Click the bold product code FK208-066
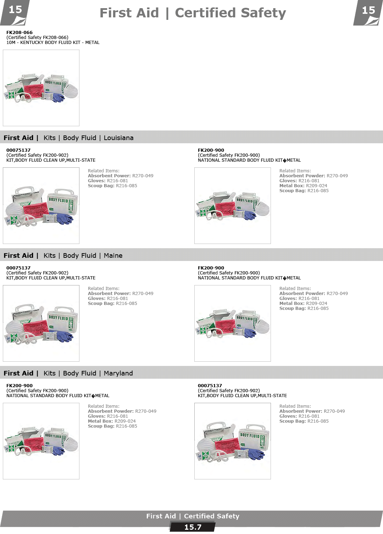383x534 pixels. click(20, 33)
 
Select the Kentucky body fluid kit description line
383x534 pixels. click(53, 43)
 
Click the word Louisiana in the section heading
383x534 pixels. click(118, 138)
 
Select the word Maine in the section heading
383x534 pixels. click(113, 256)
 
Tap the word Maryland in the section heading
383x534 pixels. click(118, 373)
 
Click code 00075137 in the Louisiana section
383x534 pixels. click(18, 150)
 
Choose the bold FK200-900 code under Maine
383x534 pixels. click(211, 268)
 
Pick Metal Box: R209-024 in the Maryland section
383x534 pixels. click(112, 421)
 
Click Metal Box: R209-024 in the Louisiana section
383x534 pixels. click(303, 186)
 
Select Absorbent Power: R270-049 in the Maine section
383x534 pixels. click(121, 294)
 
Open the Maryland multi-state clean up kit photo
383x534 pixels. click(232, 441)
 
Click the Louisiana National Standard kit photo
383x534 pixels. click(232, 206)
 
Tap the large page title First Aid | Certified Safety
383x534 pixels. click(193, 13)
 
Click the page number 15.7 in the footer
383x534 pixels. click(193, 527)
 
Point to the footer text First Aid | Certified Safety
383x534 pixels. click(193, 516)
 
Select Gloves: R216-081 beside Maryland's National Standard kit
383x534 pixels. click(108, 416)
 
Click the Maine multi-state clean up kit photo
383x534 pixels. click(41, 323)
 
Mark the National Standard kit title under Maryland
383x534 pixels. click(58, 396)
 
